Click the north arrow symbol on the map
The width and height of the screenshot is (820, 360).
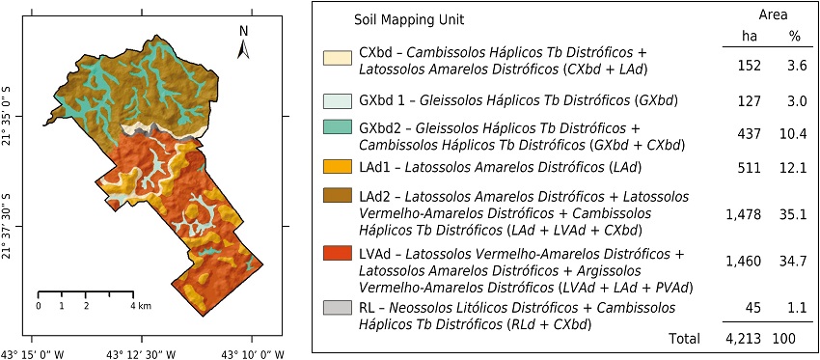[245, 43]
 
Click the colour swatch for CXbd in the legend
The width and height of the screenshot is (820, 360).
[338, 59]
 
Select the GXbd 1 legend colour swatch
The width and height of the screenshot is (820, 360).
[338, 100]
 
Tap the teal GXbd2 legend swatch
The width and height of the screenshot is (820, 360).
[338, 127]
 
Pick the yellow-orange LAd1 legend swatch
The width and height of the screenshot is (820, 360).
[338, 167]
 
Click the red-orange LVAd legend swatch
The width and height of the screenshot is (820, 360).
[338, 254]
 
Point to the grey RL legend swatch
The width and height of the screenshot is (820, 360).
[338, 307]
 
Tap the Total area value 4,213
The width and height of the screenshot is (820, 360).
[743, 339]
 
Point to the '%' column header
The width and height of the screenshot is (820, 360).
[795, 37]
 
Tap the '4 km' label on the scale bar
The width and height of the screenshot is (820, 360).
[141, 306]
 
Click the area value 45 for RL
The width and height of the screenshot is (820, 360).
[752, 309]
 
